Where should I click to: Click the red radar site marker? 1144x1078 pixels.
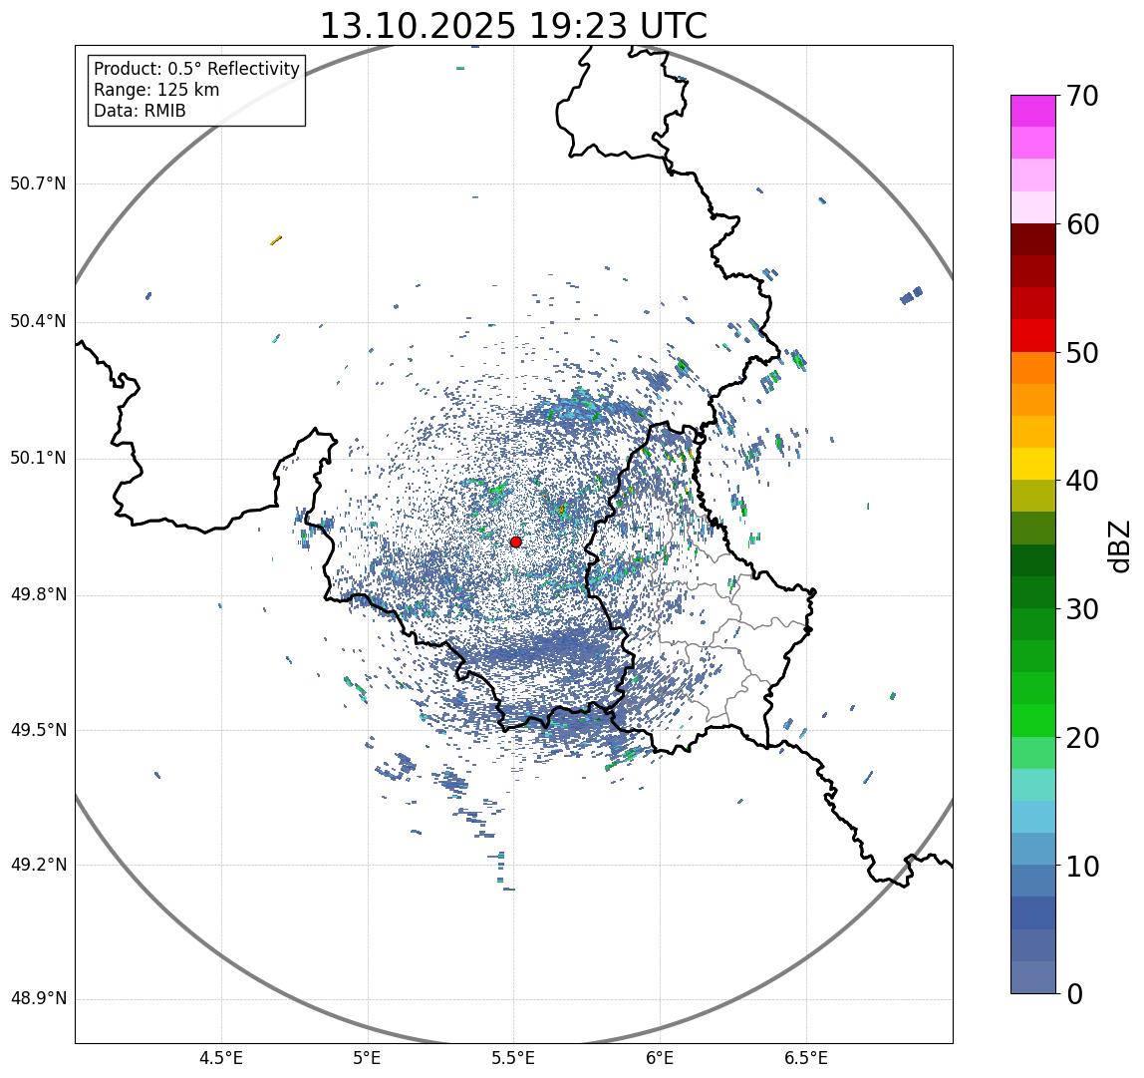pyautogui.click(x=515, y=541)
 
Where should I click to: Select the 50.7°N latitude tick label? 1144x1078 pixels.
pyautogui.click(x=38, y=183)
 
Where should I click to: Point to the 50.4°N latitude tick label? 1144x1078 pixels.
pyautogui.click(x=38, y=322)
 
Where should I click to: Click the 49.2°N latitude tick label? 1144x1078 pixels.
pyautogui.click(x=38, y=865)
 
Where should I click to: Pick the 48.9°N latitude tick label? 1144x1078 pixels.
pyautogui.click(x=38, y=999)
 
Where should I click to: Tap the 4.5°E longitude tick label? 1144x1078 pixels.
pyautogui.click(x=221, y=1058)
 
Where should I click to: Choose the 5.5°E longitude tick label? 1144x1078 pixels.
pyautogui.click(x=513, y=1058)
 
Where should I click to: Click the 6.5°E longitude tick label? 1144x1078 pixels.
pyautogui.click(x=805, y=1058)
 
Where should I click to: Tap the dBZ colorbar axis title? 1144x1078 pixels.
pyautogui.click(x=1120, y=545)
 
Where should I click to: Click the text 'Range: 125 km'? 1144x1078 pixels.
pyautogui.click(x=156, y=90)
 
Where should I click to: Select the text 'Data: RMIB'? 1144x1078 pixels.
pyautogui.click(x=140, y=111)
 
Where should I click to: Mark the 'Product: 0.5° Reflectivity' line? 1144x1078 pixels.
pyautogui.click(x=196, y=69)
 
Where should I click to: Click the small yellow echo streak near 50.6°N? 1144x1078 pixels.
pyautogui.click(x=276, y=239)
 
